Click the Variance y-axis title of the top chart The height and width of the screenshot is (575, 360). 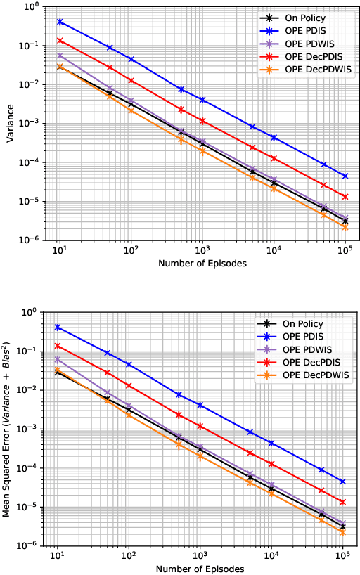[x=11, y=124]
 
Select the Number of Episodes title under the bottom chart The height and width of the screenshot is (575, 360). [x=201, y=568]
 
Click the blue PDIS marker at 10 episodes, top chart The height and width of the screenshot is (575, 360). [x=60, y=22]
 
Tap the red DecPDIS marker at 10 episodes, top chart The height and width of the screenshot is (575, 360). [x=60, y=40]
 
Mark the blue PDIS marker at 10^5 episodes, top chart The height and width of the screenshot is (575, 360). [x=345, y=176]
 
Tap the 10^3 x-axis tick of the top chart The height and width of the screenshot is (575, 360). [x=202, y=250]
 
